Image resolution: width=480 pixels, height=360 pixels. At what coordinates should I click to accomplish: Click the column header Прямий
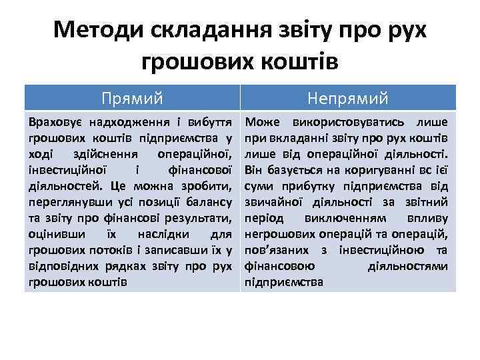click(x=132, y=99)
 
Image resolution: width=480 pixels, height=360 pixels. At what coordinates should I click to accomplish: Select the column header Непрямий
click(x=348, y=99)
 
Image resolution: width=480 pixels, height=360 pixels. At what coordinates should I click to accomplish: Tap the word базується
click(x=285, y=170)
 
